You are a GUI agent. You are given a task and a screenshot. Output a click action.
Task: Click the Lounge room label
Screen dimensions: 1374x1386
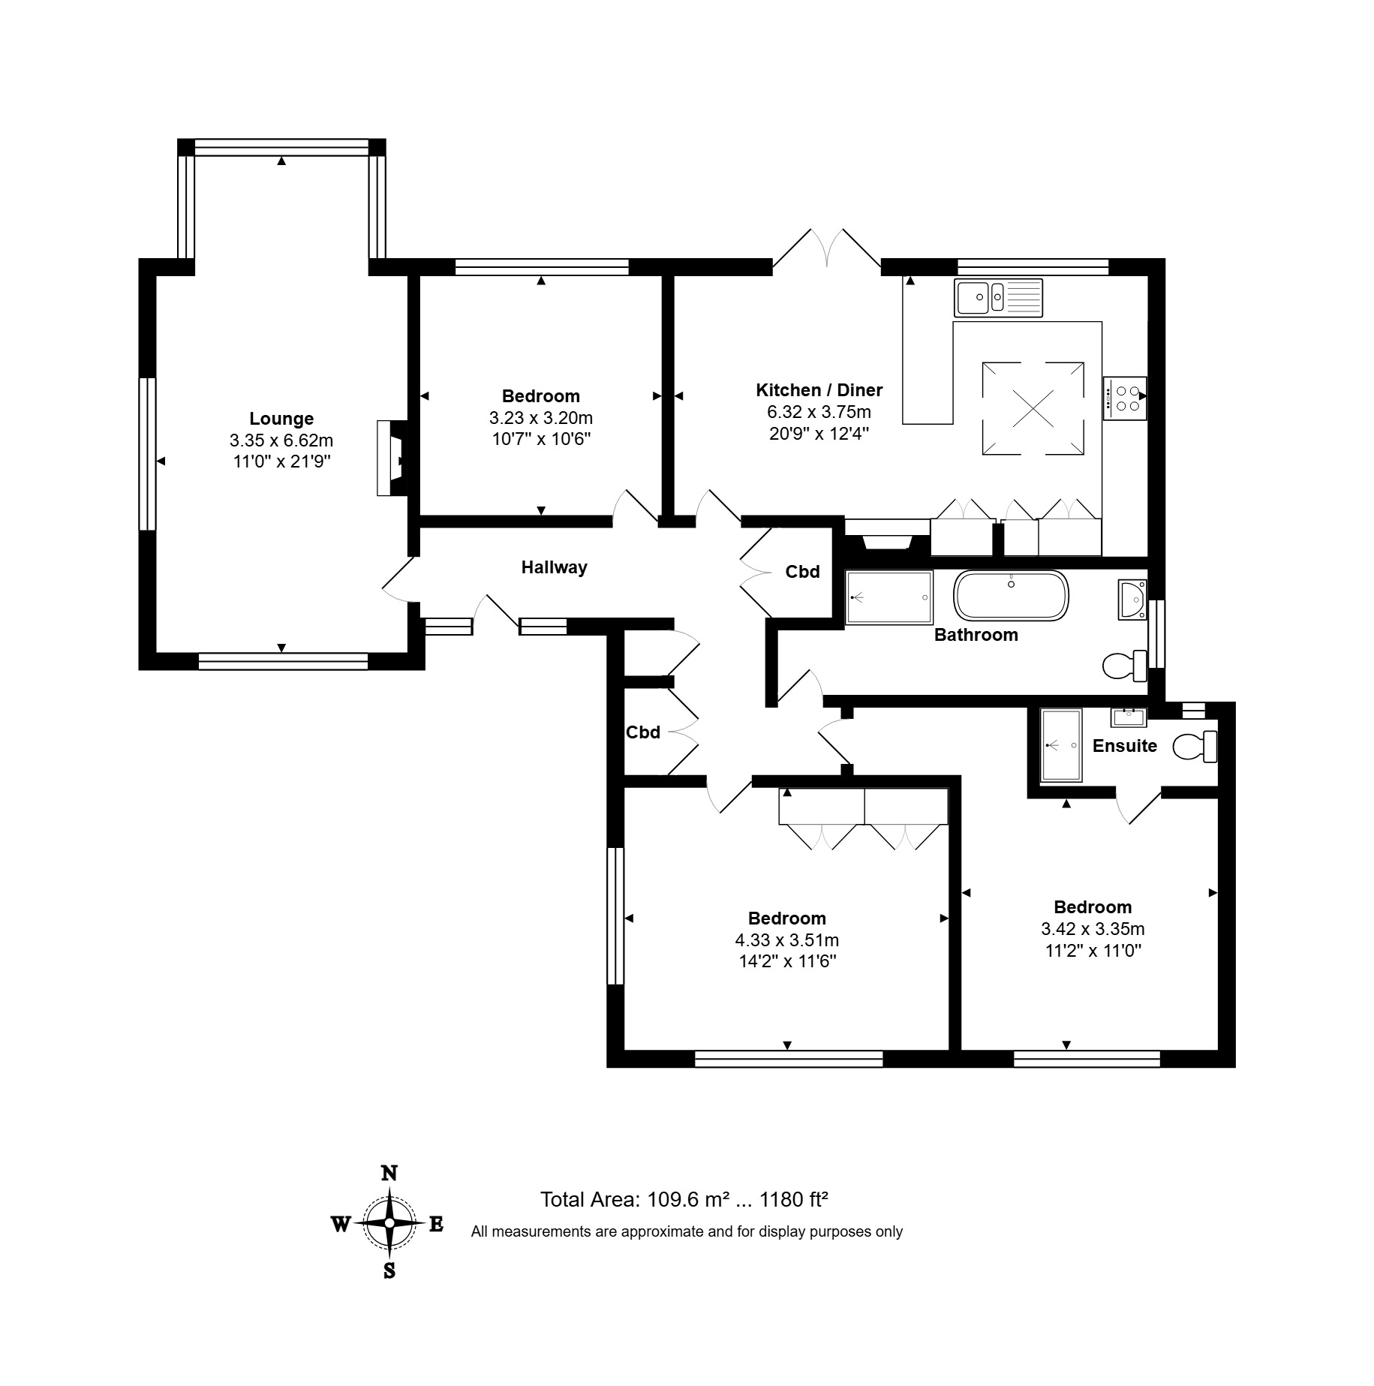[281, 419]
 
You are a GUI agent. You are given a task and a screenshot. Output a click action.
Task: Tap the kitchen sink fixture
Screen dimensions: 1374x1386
[998, 298]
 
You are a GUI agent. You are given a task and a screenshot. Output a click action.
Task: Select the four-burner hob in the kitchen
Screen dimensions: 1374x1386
[1124, 398]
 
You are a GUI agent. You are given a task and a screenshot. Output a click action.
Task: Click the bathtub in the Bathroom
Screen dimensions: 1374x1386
[1011, 596]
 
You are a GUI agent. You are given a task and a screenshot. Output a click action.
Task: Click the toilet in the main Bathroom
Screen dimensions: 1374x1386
[1125, 665]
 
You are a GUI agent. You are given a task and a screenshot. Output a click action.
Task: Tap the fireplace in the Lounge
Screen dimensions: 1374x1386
[392, 458]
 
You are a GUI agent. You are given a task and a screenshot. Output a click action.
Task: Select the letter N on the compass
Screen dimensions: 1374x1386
[389, 1173]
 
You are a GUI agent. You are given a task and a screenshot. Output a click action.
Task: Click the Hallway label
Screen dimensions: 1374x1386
[555, 567]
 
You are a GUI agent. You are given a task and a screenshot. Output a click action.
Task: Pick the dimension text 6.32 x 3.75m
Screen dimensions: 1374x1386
[819, 412]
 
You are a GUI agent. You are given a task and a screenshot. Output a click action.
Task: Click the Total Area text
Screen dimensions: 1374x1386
[684, 1199]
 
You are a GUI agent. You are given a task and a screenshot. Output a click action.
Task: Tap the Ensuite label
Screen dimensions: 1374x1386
[1125, 746]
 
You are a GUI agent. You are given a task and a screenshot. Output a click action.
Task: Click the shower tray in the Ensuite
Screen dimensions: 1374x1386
[1060, 746]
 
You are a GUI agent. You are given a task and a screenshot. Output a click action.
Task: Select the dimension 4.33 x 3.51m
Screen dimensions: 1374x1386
[787, 940]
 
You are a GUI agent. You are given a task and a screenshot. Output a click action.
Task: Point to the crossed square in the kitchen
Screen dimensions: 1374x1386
[1033, 408]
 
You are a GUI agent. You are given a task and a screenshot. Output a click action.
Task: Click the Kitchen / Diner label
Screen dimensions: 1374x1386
[819, 390]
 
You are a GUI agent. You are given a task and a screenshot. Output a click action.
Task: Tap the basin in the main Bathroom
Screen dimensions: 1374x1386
[1132, 599]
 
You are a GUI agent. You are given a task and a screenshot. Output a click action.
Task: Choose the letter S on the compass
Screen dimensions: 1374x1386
[389, 1270]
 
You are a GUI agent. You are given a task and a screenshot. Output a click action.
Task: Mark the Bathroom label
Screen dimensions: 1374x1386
[976, 635]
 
